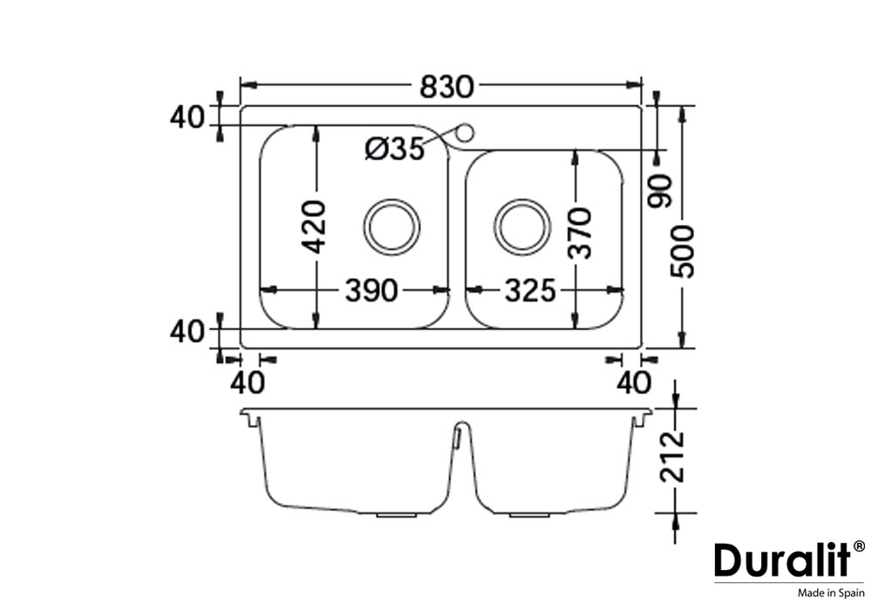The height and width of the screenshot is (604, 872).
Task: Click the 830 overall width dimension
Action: click(x=446, y=86)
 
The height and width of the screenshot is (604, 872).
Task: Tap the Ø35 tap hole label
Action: click(x=395, y=149)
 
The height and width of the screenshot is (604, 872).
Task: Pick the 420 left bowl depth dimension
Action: click(x=316, y=227)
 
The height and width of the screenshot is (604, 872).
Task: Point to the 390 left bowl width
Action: click(x=371, y=290)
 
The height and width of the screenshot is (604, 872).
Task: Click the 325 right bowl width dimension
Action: click(x=530, y=290)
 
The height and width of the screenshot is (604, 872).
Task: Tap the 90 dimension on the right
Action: click(x=661, y=191)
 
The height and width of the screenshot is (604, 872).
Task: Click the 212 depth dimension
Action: click(x=671, y=456)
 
